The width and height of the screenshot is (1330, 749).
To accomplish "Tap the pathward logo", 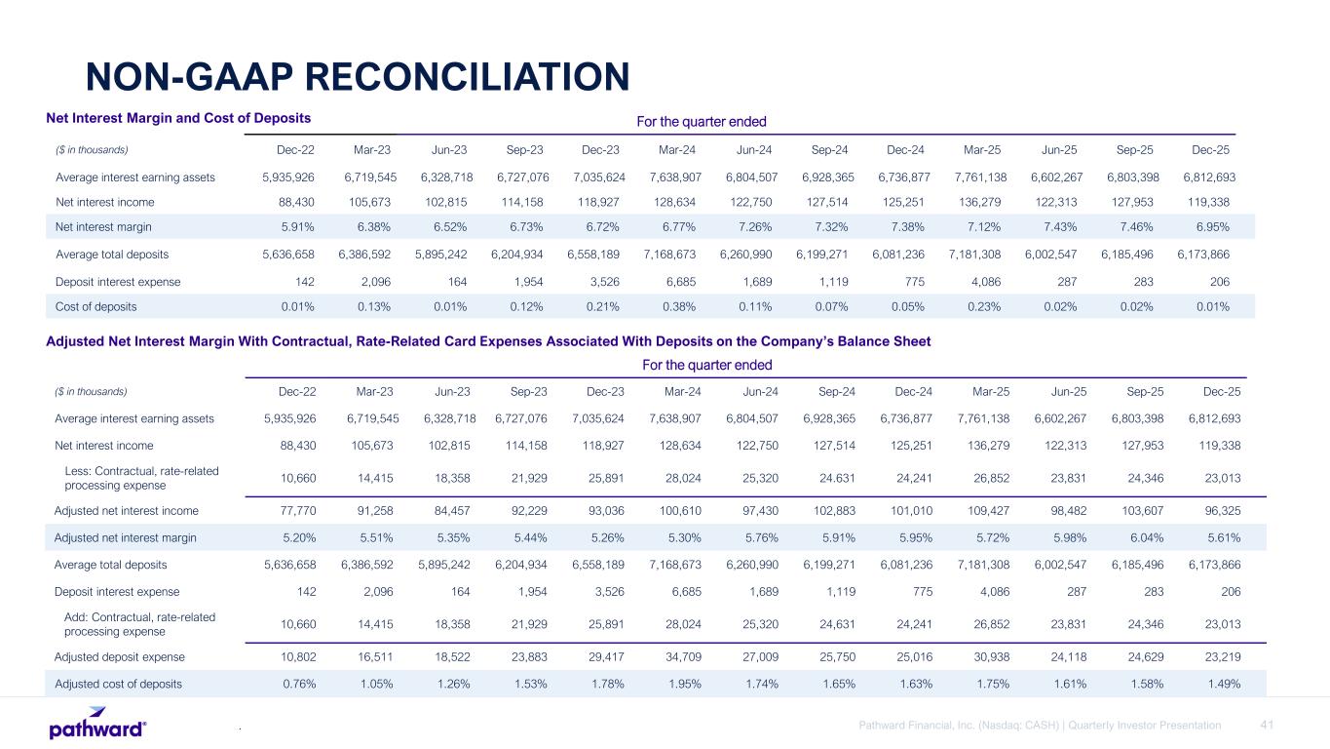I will [x=97, y=728].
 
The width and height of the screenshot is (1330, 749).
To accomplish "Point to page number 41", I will [x=1267, y=725].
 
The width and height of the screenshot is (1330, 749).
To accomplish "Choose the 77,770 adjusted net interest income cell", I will [x=293, y=510].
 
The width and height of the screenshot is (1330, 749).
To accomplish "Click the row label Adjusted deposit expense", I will [x=113, y=656].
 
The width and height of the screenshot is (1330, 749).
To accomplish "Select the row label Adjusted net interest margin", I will [x=125, y=537].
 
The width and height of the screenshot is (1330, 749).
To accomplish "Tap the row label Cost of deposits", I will [x=96, y=306].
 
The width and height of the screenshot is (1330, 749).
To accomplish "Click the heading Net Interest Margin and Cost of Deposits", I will [x=178, y=117].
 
